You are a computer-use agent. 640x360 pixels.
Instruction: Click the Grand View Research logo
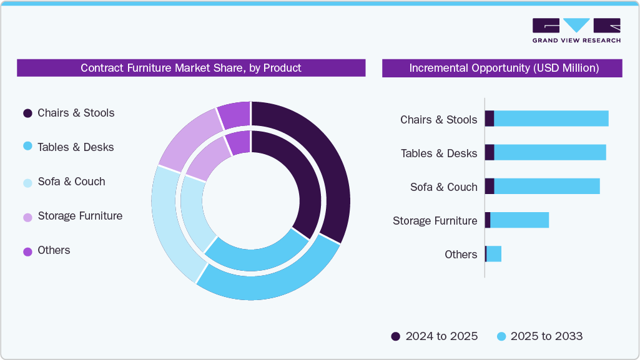coord(576,31)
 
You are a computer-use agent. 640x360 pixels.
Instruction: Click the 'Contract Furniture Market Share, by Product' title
coord(190,68)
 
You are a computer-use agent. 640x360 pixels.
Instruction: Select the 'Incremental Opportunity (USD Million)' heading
coord(503,68)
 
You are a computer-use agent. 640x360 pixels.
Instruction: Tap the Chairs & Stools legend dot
coord(27,114)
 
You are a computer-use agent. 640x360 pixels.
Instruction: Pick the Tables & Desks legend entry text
coord(76,147)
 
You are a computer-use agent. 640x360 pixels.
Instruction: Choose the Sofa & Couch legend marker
coord(27,182)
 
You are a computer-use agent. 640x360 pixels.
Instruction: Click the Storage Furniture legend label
coord(80,216)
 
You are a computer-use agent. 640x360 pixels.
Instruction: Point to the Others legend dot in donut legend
coord(27,251)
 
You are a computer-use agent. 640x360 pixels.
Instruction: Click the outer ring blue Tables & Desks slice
coord(268,284)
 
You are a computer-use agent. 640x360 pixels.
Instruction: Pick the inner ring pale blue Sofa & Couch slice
coord(194,215)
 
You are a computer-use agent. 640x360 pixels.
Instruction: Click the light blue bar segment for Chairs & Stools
coord(551,119)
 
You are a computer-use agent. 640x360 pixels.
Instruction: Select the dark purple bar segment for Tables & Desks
coord(490,152)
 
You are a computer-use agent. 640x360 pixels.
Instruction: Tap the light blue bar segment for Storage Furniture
coord(519,220)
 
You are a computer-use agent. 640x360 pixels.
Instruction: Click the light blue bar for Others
coord(494,254)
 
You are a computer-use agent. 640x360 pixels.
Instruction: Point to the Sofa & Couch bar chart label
coord(443,187)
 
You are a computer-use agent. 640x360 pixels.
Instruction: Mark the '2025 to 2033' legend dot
coord(501,336)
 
